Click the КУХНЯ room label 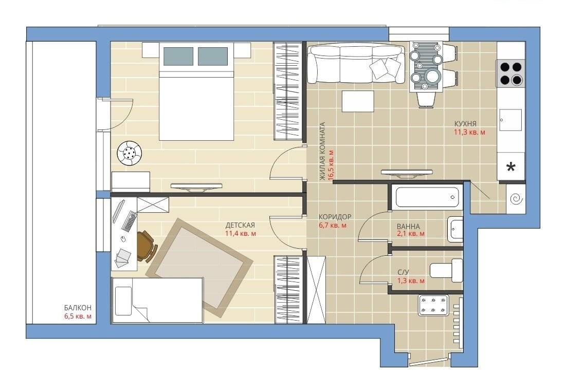point(465,124)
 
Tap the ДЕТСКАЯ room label point(240,225)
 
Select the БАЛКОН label point(78,308)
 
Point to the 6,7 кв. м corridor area point(333,226)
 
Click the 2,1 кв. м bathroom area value point(411,234)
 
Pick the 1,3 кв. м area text point(411,281)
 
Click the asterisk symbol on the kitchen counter point(511,167)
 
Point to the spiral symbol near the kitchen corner point(515,199)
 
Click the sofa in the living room point(355,64)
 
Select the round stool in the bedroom point(129,154)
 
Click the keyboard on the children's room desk point(130,221)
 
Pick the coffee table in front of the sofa point(358,101)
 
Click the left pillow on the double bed point(178,56)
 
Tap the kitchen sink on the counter point(510,120)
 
